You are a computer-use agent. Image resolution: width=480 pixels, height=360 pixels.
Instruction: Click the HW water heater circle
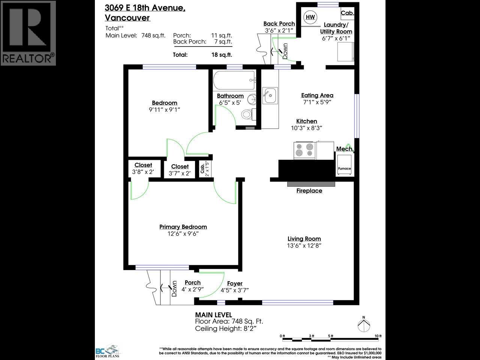pos(310,17)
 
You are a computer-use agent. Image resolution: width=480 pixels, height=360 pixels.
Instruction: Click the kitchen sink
pos(270,96)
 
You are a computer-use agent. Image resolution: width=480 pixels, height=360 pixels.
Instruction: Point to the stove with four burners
pos(305,150)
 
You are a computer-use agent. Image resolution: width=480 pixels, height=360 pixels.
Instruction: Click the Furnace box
pos(344,166)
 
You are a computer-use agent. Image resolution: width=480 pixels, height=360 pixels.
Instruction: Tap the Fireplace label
pos(309,190)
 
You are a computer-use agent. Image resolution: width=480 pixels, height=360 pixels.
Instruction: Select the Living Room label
pos(304,238)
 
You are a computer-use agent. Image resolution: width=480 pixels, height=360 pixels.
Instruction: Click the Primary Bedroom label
pos(183,226)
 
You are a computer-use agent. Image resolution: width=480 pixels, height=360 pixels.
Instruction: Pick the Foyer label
pos(235,283)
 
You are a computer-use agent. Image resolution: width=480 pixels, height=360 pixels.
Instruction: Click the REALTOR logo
pos(28,33)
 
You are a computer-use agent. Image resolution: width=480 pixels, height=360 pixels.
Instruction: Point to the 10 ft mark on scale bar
pos(378,336)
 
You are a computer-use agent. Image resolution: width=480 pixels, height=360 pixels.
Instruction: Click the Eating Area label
pos(317,95)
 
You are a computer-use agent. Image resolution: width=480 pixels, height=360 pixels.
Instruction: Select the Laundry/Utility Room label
pos(336,28)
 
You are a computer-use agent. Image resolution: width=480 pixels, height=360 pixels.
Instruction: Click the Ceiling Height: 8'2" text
pos(228,328)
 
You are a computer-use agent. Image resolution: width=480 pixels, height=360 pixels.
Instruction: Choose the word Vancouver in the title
pos(127,18)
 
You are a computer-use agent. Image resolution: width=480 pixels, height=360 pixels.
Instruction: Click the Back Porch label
pos(279,24)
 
